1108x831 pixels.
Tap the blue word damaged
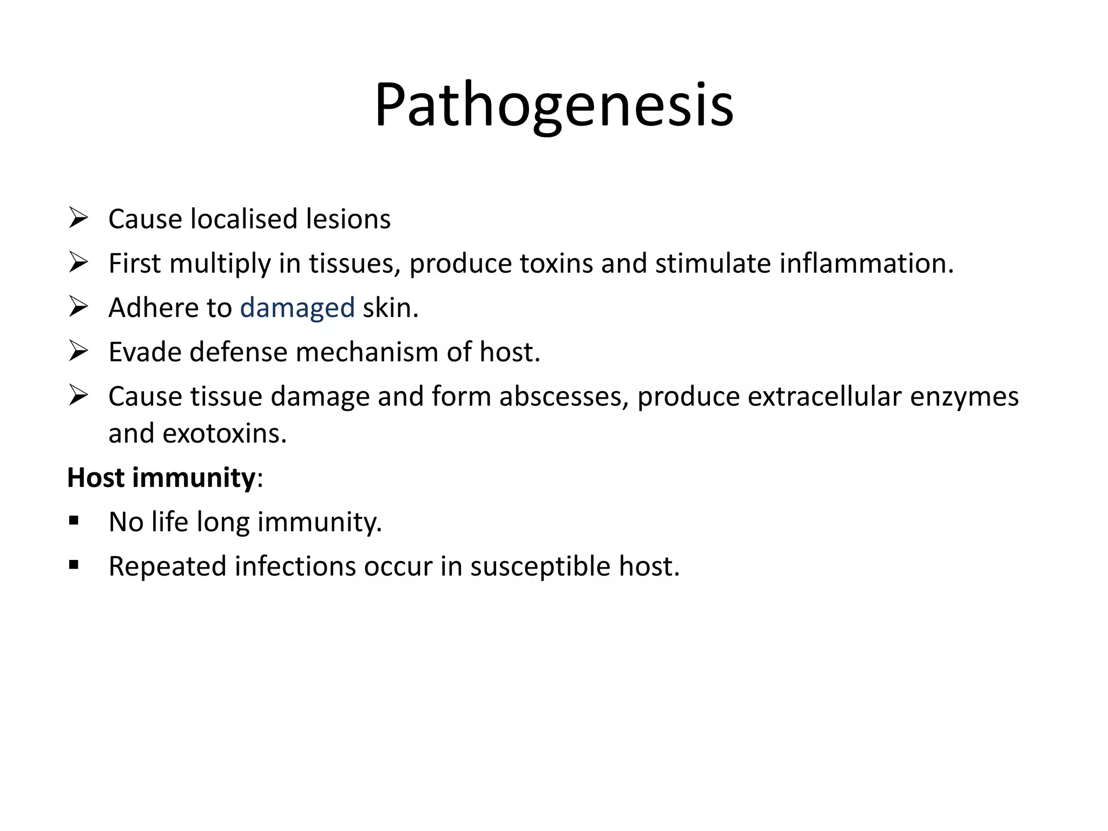[x=298, y=308]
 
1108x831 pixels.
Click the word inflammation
[x=866, y=263]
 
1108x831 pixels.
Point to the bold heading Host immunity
[x=161, y=478]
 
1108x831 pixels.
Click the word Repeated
[x=167, y=566]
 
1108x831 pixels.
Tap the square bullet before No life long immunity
[x=74, y=522]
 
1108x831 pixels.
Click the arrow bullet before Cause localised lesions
[x=78, y=219]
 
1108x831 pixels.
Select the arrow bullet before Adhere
[x=78, y=307]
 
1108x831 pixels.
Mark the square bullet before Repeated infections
[x=74, y=566]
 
